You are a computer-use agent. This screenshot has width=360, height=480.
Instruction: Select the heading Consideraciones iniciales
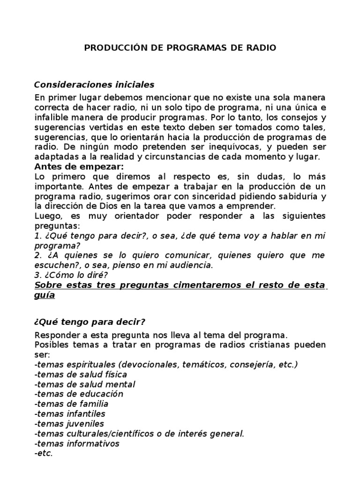tap(94, 85)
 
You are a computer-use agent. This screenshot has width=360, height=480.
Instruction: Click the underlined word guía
tap(45, 295)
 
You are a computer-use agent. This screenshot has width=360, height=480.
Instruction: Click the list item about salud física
tap(81, 374)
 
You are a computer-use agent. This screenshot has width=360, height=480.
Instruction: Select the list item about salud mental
tap(85, 384)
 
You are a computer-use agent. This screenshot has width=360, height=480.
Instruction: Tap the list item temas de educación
tap(79, 394)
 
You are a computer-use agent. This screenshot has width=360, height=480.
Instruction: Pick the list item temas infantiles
tap(70, 413)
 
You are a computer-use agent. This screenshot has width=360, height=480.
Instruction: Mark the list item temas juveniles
tap(69, 423)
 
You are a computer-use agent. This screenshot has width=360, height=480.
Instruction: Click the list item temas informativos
tap(77, 443)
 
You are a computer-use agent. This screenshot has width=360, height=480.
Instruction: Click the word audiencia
tap(194, 265)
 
